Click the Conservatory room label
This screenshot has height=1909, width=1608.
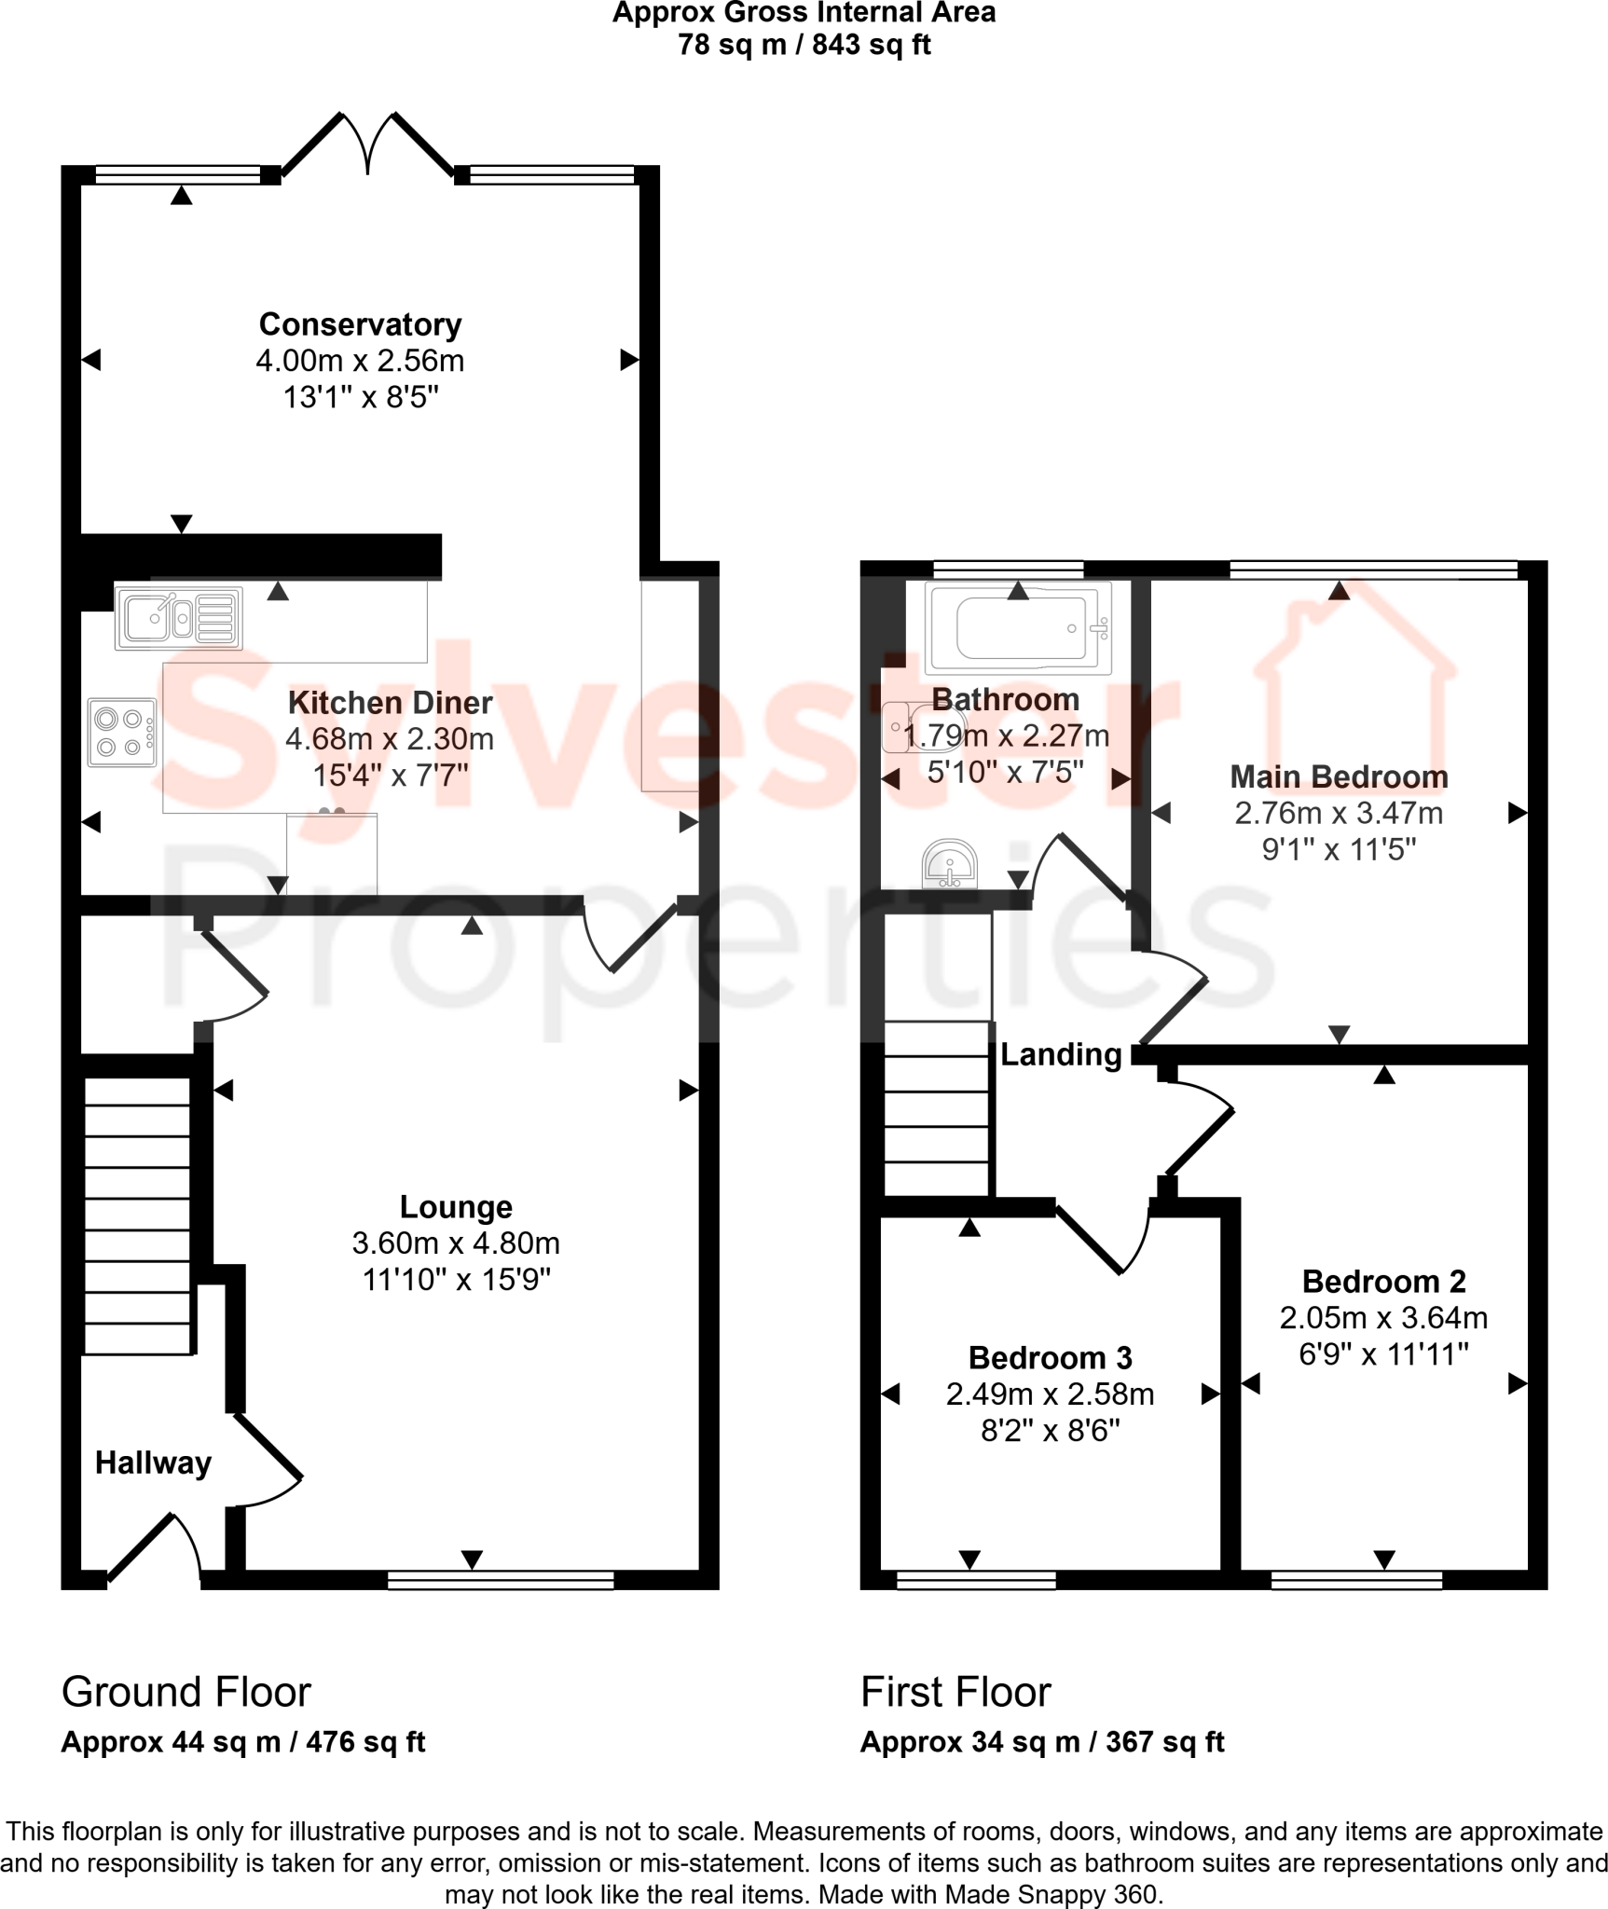360,324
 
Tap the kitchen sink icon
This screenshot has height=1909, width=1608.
178,618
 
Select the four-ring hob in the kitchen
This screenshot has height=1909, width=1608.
122,733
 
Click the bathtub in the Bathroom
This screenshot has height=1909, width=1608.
1018,628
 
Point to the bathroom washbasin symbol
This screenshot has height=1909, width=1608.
949,864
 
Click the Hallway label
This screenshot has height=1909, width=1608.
153,1463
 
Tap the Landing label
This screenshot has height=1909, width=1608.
1061,1054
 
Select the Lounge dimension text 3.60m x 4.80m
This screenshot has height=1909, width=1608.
456,1243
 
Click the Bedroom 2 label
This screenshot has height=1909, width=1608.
1383,1281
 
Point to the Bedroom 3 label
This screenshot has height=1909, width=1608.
1050,1357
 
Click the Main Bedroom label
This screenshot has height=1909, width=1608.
1339,776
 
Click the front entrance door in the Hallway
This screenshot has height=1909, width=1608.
155,1549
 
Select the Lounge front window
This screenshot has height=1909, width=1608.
501,1579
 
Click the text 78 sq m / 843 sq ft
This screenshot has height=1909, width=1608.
804,45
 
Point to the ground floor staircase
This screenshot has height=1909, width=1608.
138,1215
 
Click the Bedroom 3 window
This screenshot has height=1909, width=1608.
976,1579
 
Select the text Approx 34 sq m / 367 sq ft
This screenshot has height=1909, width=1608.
1041,1741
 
